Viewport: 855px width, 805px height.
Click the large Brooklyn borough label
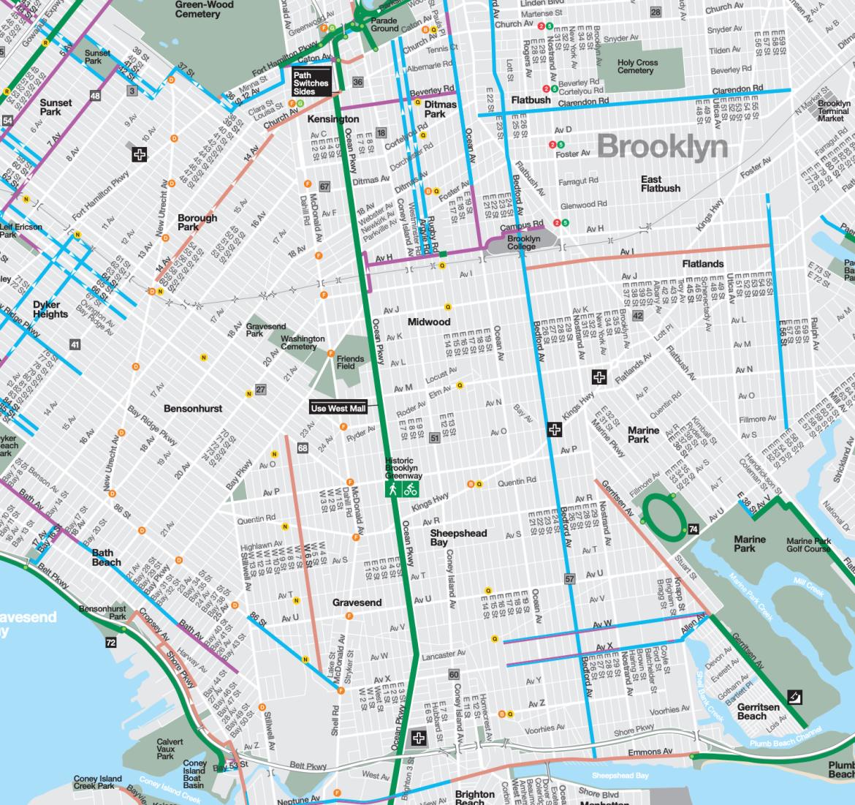click(662, 147)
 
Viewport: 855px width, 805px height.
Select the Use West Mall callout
click(338, 408)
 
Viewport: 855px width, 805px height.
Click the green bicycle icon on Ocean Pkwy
click(411, 489)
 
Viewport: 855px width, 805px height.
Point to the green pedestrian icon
click(393, 489)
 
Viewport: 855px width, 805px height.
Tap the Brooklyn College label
click(523, 243)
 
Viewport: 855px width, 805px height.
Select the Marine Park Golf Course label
click(808, 545)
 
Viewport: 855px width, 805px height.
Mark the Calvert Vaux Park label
click(170, 749)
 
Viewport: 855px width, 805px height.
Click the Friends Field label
click(350, 362)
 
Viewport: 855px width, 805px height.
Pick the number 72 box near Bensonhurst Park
click(110, 643)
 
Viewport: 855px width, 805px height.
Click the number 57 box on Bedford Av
click(570, 579)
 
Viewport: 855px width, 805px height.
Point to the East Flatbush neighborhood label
click(660, 184)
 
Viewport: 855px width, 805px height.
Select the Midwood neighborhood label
click(429, 322)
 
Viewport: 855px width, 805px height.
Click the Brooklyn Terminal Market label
click(833, 110)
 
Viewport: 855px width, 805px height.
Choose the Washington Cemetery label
click(303, 342)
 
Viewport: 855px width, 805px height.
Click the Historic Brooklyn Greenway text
click(403, 469)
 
